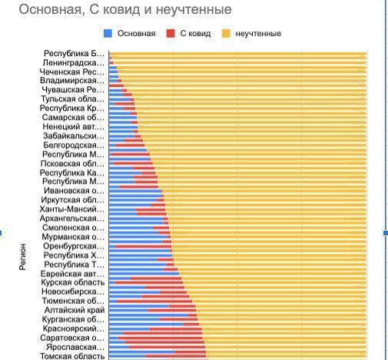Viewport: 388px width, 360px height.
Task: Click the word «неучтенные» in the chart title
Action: (x=194, y=9)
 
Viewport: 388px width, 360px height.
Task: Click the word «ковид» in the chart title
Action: (x=120, y=9)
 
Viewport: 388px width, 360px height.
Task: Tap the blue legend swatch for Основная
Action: (x=108, y=34)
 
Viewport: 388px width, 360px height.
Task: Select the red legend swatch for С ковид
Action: (x=171, y=34)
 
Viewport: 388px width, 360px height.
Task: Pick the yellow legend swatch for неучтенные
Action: (x=226, y=34)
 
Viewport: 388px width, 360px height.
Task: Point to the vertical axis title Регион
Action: (x=22, y=257)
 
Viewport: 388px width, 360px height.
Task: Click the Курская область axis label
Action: (x=73, y=282)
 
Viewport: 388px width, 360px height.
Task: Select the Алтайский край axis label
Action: (x=75, y=310)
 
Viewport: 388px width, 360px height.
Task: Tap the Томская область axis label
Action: (x=72, y=356)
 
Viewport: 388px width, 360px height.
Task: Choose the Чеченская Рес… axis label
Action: (x=72, y=72)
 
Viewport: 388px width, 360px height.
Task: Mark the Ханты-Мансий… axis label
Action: (x=72, y=209)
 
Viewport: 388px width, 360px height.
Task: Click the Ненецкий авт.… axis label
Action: (x=74, y=127)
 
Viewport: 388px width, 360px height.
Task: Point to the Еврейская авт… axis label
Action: (x=72, y=274)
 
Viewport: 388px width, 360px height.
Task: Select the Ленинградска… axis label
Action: (x=74, y=62)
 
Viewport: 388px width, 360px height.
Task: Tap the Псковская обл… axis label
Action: (x=72, y=164)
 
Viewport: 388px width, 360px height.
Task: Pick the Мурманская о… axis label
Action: (x=73, y=237)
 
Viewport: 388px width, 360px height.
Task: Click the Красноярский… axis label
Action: (x=74, y=328)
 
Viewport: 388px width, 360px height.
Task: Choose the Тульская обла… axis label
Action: (x=73, y=99)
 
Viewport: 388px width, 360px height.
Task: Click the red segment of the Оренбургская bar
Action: (x=144, y=246)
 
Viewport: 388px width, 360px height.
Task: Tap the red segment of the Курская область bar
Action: (x=149, y=282)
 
